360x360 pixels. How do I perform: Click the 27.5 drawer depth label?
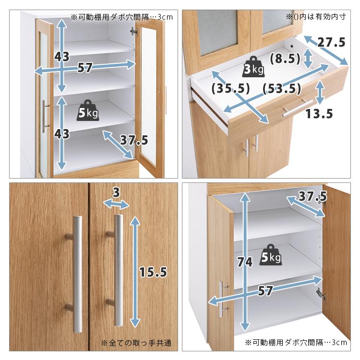click(x=332, y=43)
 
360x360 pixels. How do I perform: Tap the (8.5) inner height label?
click(x=285, y=59)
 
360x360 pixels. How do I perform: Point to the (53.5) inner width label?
click(x=282, y=88)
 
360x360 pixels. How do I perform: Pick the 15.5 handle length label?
click(x=153, y=272)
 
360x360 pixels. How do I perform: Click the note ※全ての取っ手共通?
click(x=136, y=343)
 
